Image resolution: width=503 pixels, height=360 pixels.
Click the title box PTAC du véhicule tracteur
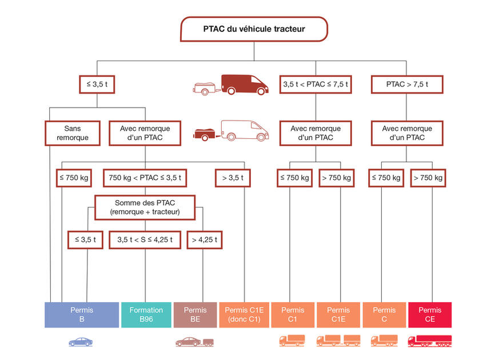click(x=254, y=29)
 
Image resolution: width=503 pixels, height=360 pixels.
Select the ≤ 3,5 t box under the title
click(x=97, y=85)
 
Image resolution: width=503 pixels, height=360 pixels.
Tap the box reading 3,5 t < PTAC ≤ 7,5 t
click(x=316, y=85)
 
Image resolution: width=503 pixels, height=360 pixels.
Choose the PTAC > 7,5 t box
click(x=407, y=85)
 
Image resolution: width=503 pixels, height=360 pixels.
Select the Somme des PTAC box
click(x=145, y=207)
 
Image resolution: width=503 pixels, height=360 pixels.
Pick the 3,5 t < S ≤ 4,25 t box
click(x=145, y=239)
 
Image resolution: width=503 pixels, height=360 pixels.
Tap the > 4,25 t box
click(x=204, y=239)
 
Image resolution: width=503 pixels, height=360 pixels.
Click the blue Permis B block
click(x=82, y=315)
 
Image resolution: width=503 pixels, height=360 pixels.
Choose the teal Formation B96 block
click(x=146, y=315)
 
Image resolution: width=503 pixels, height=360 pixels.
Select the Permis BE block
click(x=195, y=315)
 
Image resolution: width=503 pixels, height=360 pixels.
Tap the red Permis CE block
click(x=430, y=315)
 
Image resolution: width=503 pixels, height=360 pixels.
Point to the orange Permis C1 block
click(x=293, y=315)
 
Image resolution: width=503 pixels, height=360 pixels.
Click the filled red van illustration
click(x=244, y=84)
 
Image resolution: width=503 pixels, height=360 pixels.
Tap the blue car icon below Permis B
click(x=81, y=342)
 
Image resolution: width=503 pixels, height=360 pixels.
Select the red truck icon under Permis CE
click(x=429, y=341)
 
